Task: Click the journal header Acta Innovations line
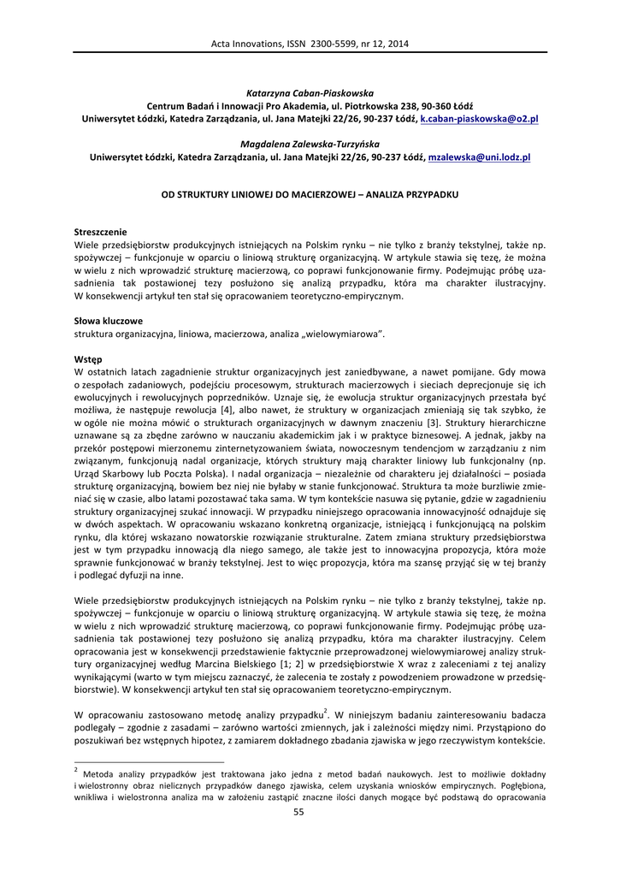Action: [x=310, y=44]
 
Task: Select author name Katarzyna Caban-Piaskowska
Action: [x=310, y=92]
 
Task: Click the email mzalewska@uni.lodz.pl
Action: [x=479, y=157]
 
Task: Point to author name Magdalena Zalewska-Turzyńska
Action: [x=310, y=145]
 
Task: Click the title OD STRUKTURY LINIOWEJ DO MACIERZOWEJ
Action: [x=310, y=194]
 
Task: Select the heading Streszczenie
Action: [x=100, y=232]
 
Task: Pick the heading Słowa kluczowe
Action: [x=106, y=321]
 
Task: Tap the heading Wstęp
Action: [x=88, y=359]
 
